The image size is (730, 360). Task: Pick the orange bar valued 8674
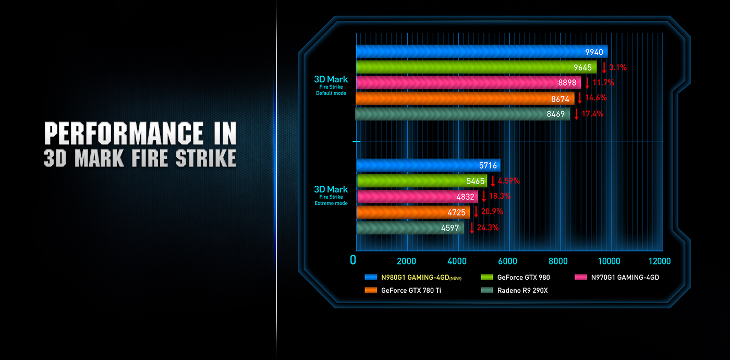(465, 98)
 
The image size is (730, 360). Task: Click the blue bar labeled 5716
(428, 165)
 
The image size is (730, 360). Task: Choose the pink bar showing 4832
(417, 196)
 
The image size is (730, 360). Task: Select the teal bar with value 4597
(410, 227)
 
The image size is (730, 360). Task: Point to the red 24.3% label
(488, 227)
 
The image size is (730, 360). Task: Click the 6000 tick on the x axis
(507, 261)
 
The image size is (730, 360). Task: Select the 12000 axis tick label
(659, 261)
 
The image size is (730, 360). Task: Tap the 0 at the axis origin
(354, 260)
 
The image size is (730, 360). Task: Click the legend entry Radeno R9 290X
(522, 290)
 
